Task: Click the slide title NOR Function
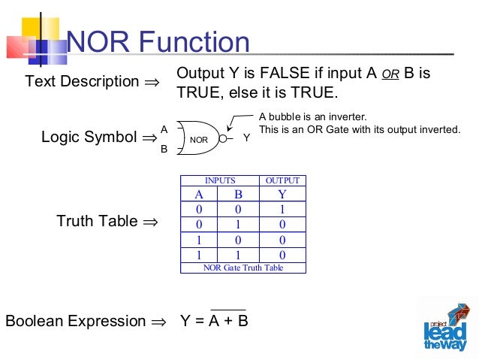pos(158,44)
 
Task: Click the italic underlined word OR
pos(390,76)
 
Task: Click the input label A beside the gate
pos(164,130)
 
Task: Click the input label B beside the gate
pos(164,149)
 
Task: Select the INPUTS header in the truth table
pos(220,180)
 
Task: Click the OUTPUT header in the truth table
pos(282,180)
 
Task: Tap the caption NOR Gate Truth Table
pos(243,268)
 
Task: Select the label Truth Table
pos(97,221)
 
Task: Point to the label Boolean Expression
pos(76,321)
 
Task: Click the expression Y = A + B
pos(214,321)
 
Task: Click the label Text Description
pos(82,81)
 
